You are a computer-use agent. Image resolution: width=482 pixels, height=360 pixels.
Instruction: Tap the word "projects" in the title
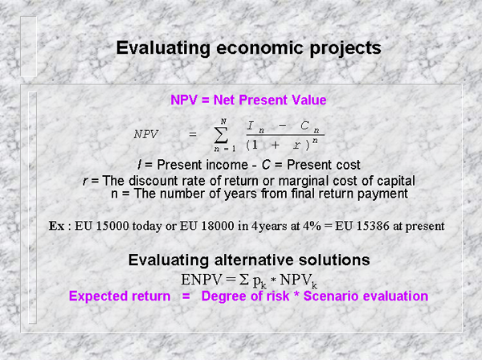[x=345, y=48]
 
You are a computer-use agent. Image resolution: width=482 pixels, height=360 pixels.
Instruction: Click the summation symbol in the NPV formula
[x=221, y=135]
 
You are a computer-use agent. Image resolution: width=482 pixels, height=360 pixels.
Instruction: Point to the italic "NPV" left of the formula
[x=145, y=134]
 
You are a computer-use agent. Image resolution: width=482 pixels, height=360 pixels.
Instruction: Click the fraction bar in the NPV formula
[x=285, y=135]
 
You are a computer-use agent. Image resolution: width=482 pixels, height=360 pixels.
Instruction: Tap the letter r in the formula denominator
[x=296, y=145]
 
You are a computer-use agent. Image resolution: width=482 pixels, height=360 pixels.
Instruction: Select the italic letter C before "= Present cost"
[x=266, y=165]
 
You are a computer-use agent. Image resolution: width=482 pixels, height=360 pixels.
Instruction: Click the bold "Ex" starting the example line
[x=56, y=226]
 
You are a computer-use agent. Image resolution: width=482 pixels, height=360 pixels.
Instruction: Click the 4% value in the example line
[x=312, y=226]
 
